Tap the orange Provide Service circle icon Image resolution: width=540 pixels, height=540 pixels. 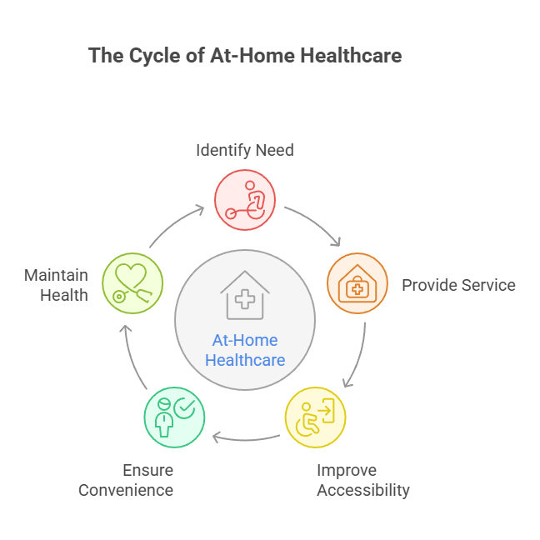coord(357,284)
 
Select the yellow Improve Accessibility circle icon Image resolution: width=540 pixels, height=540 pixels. coord(315,417)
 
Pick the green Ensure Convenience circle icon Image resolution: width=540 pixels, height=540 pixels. coord(174,417)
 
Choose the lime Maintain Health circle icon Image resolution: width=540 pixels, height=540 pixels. coord(132,284)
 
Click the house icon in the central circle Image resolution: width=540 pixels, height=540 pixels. coord(245,295)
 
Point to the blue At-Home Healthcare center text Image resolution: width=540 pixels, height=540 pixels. coord(245,350)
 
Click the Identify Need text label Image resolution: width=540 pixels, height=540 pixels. coord(245,150)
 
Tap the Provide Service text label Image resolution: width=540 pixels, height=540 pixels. coord(458,285)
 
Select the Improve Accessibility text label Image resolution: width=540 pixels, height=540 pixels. coord(363,480)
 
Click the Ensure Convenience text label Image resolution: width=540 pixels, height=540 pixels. coord(126,480)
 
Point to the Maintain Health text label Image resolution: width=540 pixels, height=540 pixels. coord(56,284)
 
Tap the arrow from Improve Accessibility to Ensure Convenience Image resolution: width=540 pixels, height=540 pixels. coord(245,436)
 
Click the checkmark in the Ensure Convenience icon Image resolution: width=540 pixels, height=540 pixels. coord(184,407)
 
